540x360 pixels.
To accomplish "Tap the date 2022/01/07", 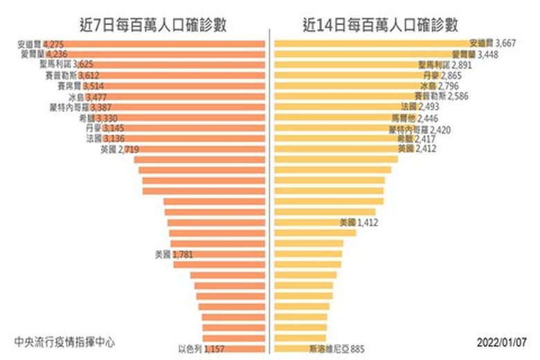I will pyautogui.click(x=502, y=342).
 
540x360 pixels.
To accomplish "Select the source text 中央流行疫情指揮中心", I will pyautogui.click(x=64, y=341).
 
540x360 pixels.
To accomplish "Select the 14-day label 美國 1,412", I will pyautogui.click(x=357, y=222).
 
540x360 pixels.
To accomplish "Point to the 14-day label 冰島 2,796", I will pyautogui.click(x=433, y=86).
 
